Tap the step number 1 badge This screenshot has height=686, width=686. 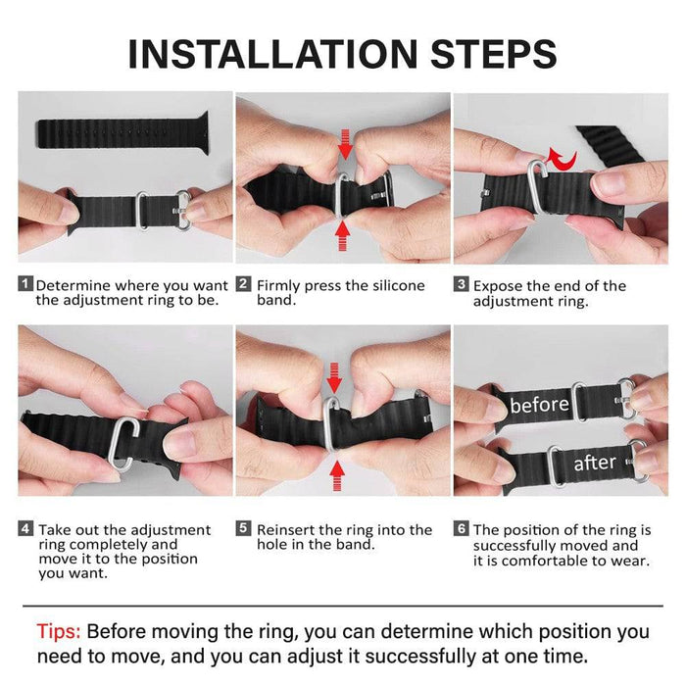click(25, 285)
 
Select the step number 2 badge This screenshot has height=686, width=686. click(243, 285)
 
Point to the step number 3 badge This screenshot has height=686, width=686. click(461, 285)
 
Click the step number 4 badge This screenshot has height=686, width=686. click(25, 529)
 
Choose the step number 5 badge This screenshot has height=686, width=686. click(243, 529)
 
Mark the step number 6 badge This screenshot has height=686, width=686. click(461, 529)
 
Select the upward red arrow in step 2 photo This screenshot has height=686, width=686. click(343, 233)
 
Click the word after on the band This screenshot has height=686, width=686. click(595, 462)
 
